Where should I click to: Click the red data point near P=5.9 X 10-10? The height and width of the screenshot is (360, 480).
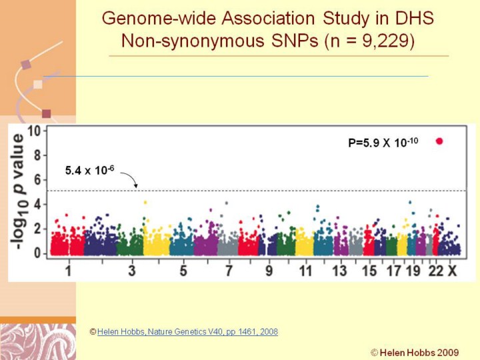pos(439,141)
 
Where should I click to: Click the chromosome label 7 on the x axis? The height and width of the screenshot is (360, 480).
pos(229,271)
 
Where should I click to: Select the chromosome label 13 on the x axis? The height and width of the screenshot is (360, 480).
pos(340,271)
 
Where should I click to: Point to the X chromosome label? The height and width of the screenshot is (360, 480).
pos(452,271)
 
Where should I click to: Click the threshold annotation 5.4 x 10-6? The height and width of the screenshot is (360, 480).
pos(90,171)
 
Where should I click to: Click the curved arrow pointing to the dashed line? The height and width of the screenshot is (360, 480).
pos(131,179)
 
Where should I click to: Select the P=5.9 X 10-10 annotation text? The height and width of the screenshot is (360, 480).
pos(383,142)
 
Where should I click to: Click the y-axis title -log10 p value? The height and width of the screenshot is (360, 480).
pos(19,192)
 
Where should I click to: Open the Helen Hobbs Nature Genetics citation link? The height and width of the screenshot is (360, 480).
pos(187,331)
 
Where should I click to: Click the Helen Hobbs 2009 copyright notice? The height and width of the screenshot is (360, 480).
pos(415,352)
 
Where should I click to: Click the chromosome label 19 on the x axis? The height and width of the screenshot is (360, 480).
pos(413,271)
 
